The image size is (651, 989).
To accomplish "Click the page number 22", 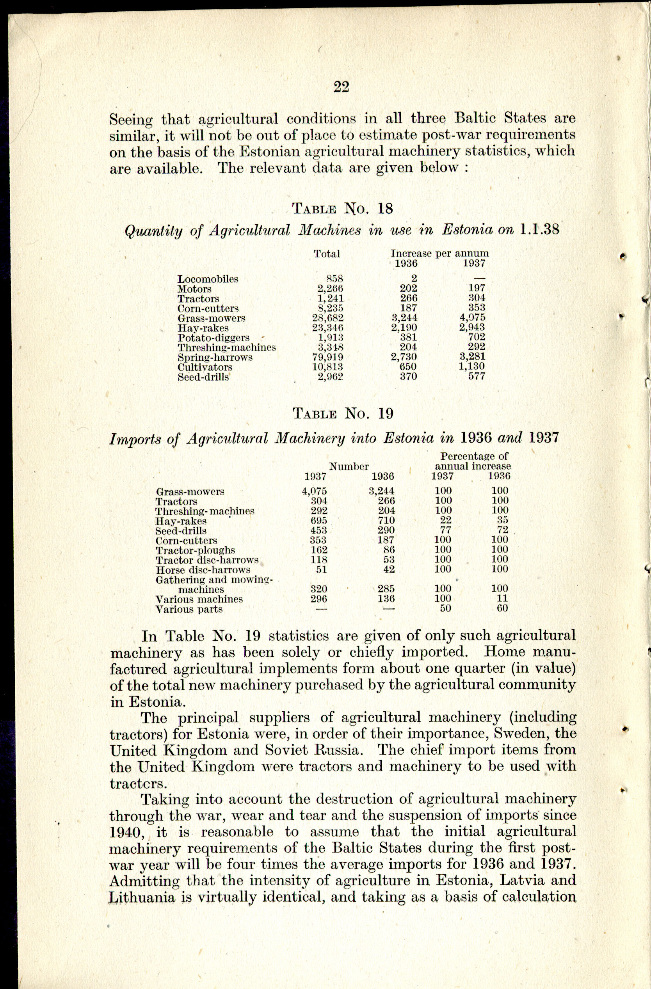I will tap(341, 87).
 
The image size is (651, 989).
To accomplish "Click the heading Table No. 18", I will tap(343, 208).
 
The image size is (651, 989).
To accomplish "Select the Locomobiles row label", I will tap(208, 279).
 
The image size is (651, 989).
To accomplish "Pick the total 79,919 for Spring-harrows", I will tap(328, 357).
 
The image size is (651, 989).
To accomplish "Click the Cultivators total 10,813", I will tap(328, 367).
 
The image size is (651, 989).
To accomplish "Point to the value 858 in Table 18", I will tap(334, 279).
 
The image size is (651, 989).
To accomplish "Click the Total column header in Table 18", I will tap(327, 253).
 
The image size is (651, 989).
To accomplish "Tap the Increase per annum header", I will tap(440, 253).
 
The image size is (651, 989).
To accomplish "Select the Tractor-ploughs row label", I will tap(195, 551).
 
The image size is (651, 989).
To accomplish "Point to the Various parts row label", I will tap(189, 610).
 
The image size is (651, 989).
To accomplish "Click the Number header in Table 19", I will tap(349, 466).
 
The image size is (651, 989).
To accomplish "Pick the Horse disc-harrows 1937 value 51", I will tap(321, 570).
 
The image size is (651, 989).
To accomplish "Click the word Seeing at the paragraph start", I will tap(131, 120).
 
